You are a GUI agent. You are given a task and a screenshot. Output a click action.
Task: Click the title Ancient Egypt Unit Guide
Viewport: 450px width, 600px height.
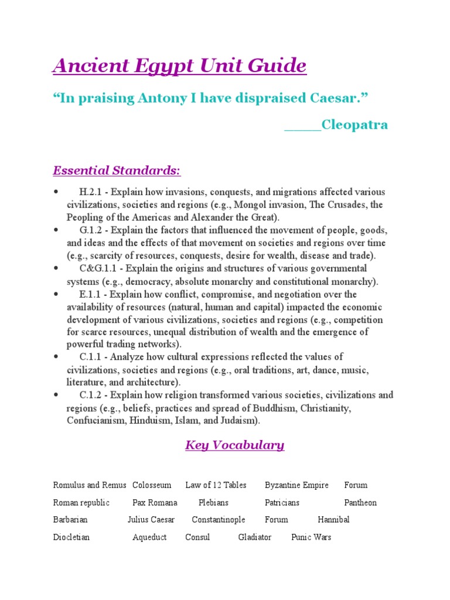[179, 65]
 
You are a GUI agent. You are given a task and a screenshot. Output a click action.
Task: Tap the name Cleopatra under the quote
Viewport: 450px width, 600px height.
[355, 125]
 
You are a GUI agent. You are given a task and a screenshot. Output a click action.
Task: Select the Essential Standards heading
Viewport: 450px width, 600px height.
[117, 171]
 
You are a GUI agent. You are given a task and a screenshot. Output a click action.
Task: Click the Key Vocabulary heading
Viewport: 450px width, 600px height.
[234, 445]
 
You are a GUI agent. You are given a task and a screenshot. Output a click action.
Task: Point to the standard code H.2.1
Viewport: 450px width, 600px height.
[91, 192]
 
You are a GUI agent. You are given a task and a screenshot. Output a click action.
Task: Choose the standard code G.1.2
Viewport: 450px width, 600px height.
[91, 230]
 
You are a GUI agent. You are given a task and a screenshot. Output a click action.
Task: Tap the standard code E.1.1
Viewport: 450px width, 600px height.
[91, 294]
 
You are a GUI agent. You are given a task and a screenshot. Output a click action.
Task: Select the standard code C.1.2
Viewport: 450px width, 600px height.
[91, 395]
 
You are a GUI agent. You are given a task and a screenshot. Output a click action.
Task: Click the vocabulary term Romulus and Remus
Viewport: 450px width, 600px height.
[90, 485]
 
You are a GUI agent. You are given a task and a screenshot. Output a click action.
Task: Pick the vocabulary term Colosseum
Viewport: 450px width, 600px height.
[152, 485]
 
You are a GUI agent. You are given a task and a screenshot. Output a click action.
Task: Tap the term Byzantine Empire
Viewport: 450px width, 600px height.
[296, 485]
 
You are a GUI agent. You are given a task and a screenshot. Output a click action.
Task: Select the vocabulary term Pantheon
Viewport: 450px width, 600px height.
[360, 503]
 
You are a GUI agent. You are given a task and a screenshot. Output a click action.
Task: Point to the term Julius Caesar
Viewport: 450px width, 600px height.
[151, 520]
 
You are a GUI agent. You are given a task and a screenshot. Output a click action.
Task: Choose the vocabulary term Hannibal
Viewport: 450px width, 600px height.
[333, 520]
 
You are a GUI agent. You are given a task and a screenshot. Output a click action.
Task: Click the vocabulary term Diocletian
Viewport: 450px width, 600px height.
[71, 537]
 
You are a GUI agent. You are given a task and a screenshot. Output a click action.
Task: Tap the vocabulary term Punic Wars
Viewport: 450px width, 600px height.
[311, 537]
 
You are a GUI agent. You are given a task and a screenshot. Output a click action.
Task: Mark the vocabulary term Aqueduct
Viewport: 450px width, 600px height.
[149, 537]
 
